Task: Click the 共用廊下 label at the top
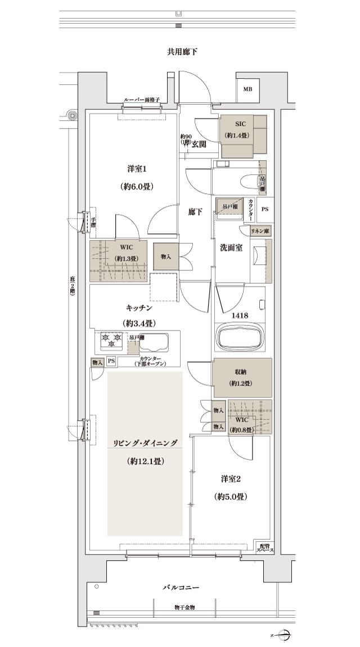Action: click(x=182, y=52)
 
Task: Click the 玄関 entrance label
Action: click(x=199, y=144)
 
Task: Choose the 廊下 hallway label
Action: click(x=195, y=212)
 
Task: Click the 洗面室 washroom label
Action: click(x=231, y=247)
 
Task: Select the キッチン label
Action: click(x=138, y=308)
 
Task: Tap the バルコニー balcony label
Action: click(x=181, y=587)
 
